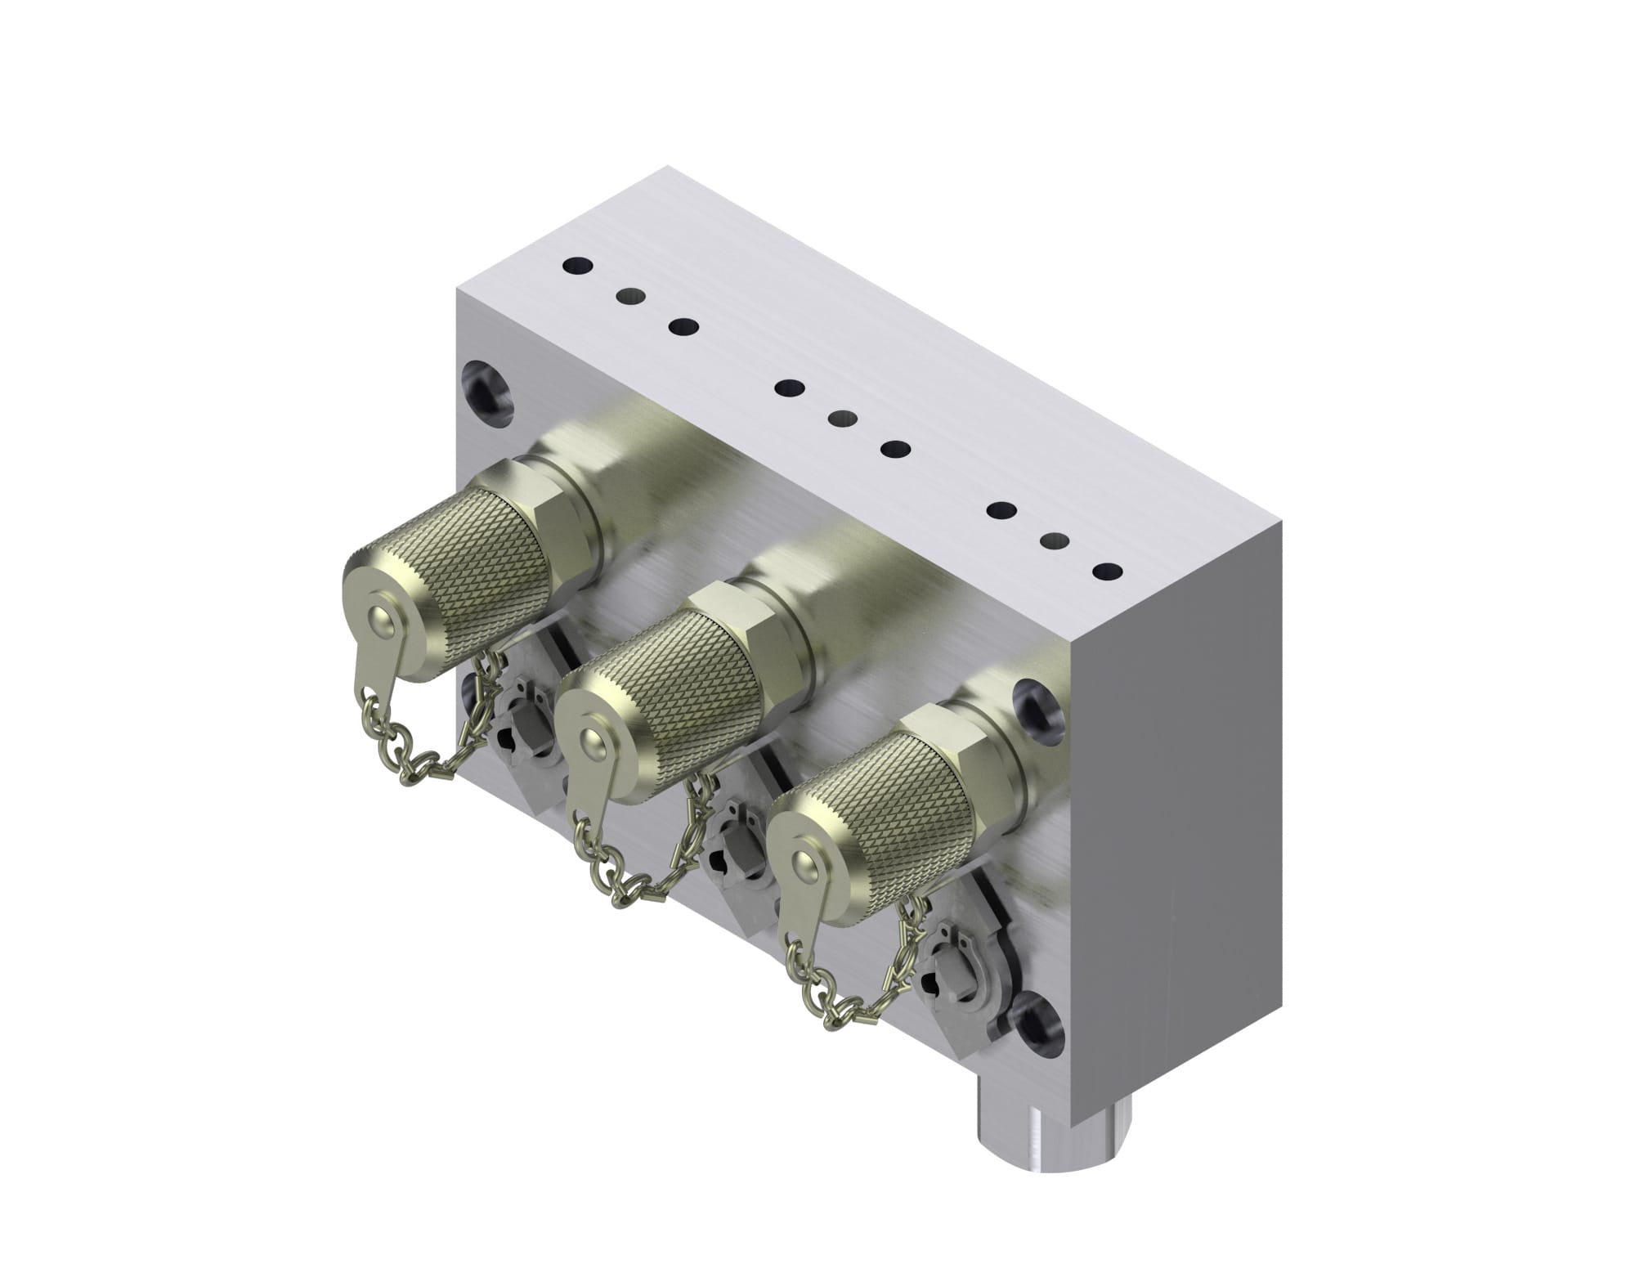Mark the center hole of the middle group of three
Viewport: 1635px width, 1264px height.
tap(842, 418)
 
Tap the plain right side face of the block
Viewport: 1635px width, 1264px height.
tap(1177, 818)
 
